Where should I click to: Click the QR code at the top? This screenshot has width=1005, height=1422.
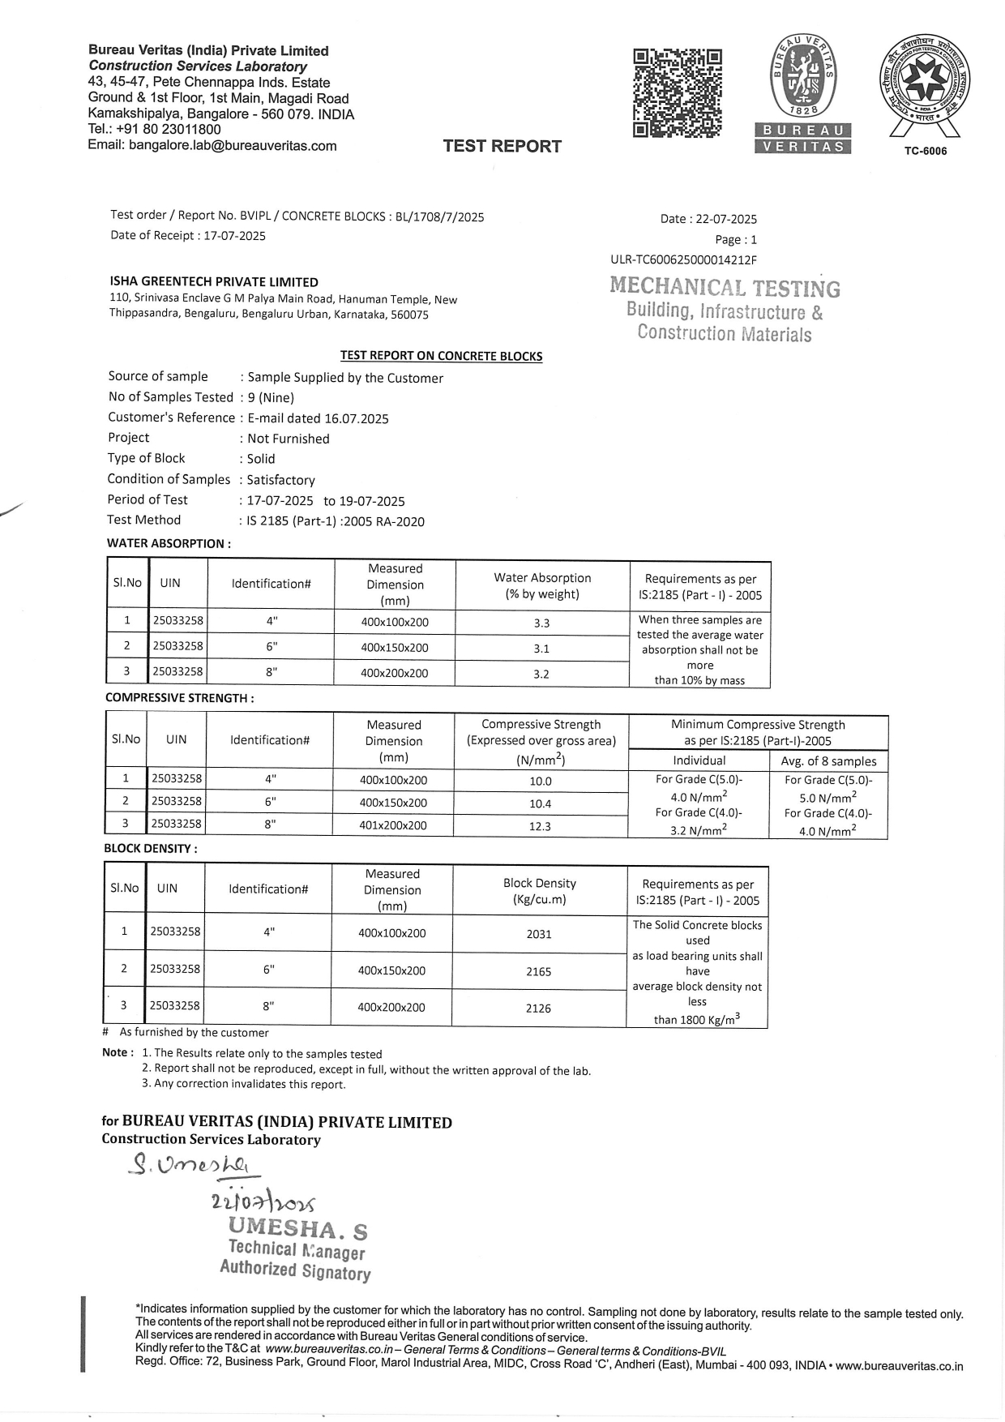(x=677, y=93)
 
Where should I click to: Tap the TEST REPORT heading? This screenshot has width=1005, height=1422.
(x=502, y=146)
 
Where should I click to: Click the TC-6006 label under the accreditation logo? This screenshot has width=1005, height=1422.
(x=925, y=152)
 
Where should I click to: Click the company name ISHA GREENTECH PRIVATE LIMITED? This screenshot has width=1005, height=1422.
(x=214, y=282)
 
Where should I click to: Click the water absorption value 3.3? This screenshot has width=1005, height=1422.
(x=541, y=623)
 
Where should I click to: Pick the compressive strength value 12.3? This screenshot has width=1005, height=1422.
(x=540, y=826)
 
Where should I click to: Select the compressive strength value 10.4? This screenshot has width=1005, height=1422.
(x=540, y=803)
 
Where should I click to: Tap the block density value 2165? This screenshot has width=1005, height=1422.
(x=539, y=970)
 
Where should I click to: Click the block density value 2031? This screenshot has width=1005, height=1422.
(x=539, y=934)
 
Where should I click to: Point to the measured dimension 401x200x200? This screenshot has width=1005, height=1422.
(x=393, y=825)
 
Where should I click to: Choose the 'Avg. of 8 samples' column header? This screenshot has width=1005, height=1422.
(x=828, y=761)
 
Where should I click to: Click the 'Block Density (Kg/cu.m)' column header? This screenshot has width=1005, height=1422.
(x=539, y=891)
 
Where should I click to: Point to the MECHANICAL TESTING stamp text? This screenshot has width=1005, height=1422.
(x=725, y=287)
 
